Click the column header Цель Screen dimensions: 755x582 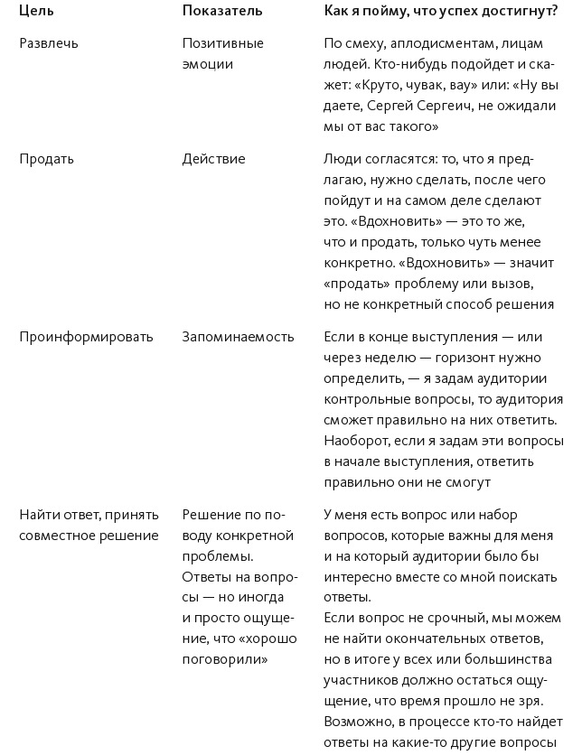(36, 11)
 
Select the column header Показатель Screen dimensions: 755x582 (222, 11)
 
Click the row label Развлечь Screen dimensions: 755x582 (49, 43)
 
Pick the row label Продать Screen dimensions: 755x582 (47, 159)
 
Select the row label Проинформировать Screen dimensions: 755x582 (87, 337)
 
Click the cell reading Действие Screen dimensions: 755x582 (213, 159)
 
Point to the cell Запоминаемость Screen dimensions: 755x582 (239, 337)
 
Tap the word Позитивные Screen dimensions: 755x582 (222, 43)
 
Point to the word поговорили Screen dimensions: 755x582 (225, 660)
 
